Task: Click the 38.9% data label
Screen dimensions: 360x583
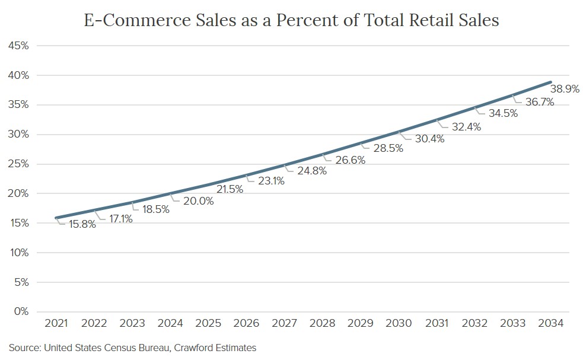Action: click(565, 90)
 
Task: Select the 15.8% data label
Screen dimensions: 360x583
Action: click(81, 225)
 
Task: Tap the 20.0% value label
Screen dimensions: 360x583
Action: click(199, 201)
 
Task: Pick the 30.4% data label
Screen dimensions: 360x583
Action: click(429, 138)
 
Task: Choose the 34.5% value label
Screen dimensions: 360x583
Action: click(503, 113)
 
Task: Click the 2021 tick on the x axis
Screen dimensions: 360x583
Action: click(56, 323)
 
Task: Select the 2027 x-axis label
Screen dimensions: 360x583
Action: click(284, 323)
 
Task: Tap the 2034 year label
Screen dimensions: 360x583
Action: click(551, 323)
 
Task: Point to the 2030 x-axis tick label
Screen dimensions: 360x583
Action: click(399, 323)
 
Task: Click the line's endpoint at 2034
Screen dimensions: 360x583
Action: click(551, 82)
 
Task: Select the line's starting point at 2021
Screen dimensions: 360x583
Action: click(56, 218)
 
